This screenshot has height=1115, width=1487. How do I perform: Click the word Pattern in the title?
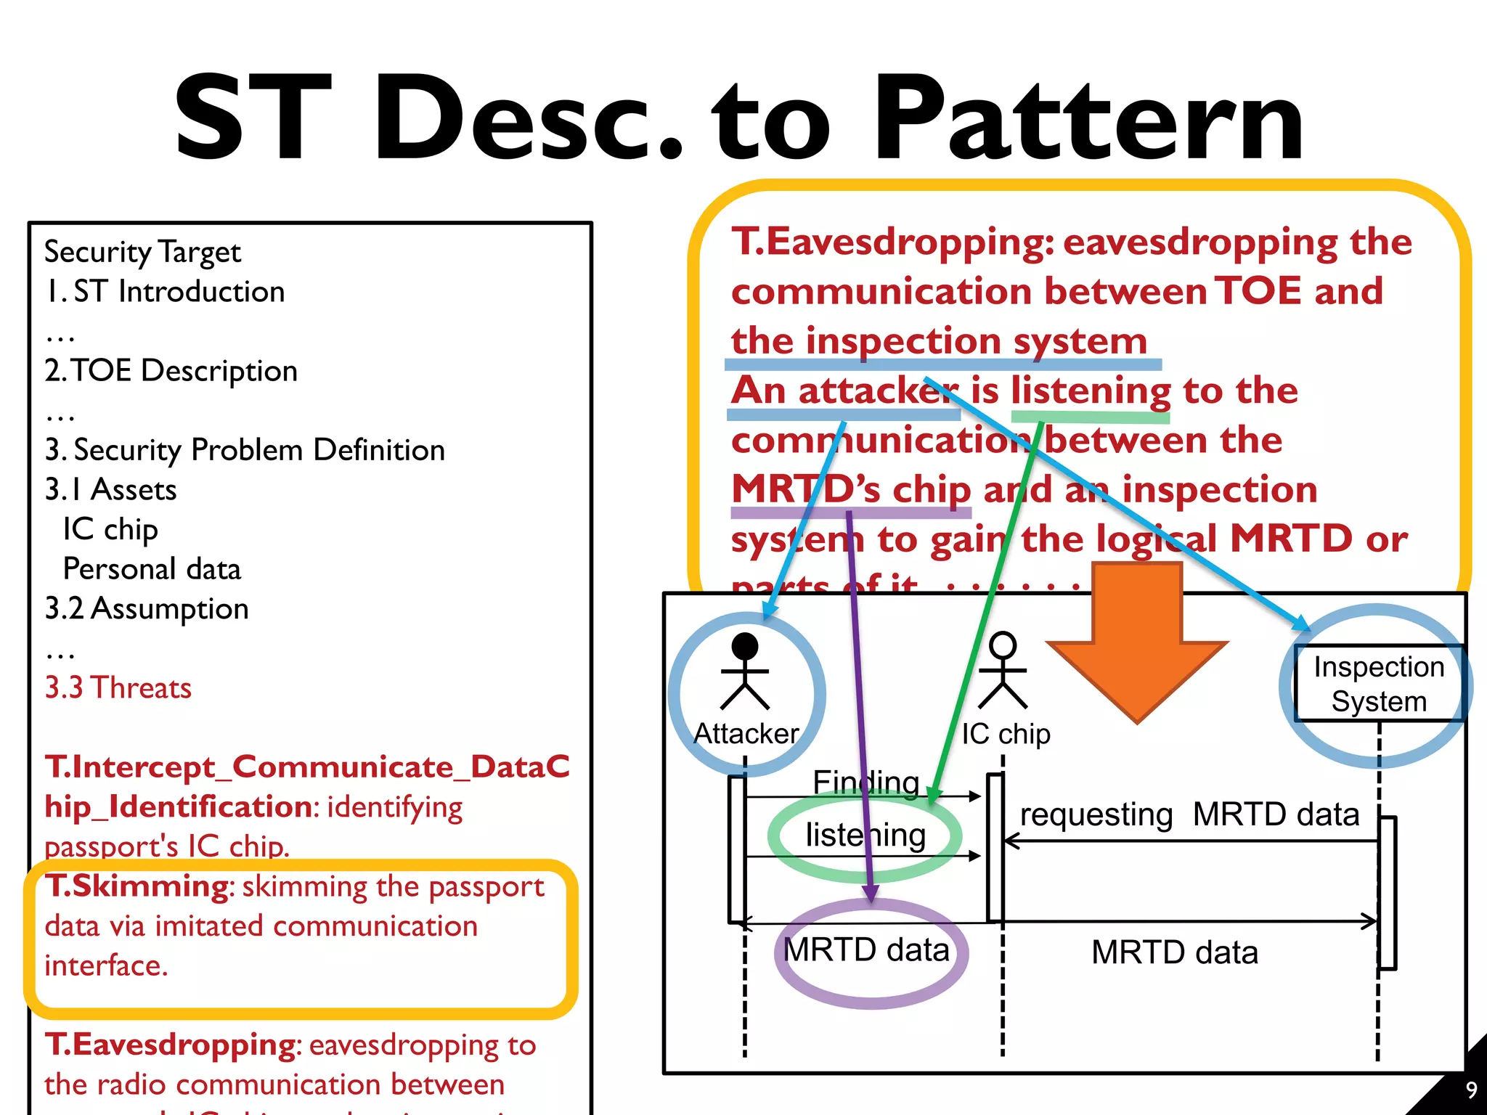[1089, 120]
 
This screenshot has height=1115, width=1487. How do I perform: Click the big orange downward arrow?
[1137, 646]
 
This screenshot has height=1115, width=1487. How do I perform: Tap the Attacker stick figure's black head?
[745, 646]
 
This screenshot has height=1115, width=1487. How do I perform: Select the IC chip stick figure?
[1003, 671]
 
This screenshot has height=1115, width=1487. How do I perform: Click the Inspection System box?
[1378, 683]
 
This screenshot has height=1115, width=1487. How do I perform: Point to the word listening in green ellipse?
[865, 836]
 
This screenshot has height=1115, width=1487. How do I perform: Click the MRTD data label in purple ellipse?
[866, 950]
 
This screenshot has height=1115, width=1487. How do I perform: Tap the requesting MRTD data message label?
[1189, 814]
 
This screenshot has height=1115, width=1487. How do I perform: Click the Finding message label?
[865, 783]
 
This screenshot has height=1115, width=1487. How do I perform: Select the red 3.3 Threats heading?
[118, 687]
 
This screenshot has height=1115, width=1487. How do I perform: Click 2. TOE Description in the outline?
[171, 371]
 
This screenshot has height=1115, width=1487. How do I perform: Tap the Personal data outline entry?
[152, 569]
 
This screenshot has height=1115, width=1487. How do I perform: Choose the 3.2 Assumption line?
[147, 608]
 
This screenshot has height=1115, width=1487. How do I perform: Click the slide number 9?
[1471, 1090]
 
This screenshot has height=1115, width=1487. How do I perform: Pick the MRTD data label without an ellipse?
[1174, 952]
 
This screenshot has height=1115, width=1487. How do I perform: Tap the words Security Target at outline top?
[142, 252]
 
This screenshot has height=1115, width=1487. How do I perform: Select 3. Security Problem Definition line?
[245, 450]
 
